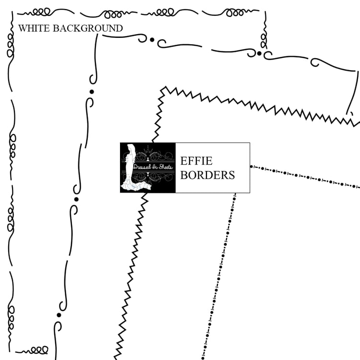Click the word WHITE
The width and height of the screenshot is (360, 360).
click(x=34, y=28)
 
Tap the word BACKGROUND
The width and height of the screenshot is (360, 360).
click(x=88, y=28)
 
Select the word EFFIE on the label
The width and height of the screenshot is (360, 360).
click(x=196, y=161)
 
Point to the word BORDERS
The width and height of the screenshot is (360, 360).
click(x=207, y=175)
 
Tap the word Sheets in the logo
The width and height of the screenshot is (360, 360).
click(x=166, y=167)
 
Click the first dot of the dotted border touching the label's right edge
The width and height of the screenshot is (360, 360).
click(x=252, y=167)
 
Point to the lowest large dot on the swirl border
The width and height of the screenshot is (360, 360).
click(x=59, y=315)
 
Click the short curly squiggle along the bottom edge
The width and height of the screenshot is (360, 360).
click(x=32, y=350)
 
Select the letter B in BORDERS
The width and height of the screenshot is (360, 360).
click(x=184, y=175)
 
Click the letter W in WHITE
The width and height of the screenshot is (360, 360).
click(x=23, y=28)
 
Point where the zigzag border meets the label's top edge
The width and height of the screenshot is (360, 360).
click(x=153, y=143)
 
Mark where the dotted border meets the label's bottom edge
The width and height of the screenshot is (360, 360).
click(x=235, y=193)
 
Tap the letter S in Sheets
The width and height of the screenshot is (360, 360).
click(x=160, y=167)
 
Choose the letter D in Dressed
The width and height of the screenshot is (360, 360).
click(x=135, y=167)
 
